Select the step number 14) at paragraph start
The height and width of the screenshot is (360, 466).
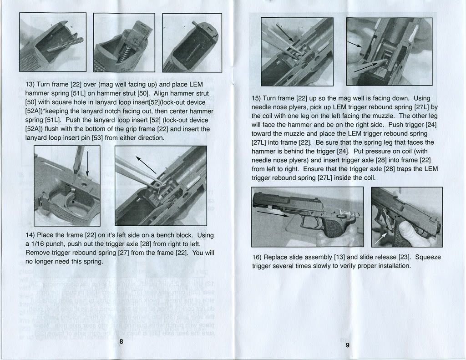30,235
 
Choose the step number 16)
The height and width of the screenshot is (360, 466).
257,257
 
